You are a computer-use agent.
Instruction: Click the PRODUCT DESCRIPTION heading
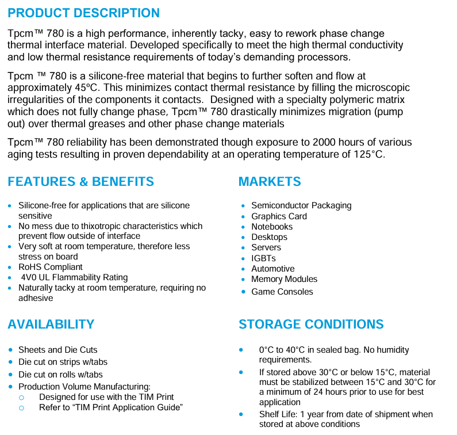(84, 13)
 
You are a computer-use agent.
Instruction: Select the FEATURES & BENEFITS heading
(80, 182)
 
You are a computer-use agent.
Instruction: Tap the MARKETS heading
(270, 182)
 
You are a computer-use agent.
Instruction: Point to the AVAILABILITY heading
(51, 325)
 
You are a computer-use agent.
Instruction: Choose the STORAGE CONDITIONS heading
(311, 325)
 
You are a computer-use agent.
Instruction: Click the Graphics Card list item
(279, 216)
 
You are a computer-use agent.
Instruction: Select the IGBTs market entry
(263, 258)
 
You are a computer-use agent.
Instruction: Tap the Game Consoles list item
(282, 292)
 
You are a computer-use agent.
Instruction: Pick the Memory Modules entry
(284, 279)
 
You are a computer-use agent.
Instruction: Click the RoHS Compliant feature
(51, 267)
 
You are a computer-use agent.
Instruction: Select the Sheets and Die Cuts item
(58, 350)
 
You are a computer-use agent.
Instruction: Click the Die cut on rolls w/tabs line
(64, 374)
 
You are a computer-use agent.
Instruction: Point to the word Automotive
(272, 269)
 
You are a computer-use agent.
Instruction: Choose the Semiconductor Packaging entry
(301, 205)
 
